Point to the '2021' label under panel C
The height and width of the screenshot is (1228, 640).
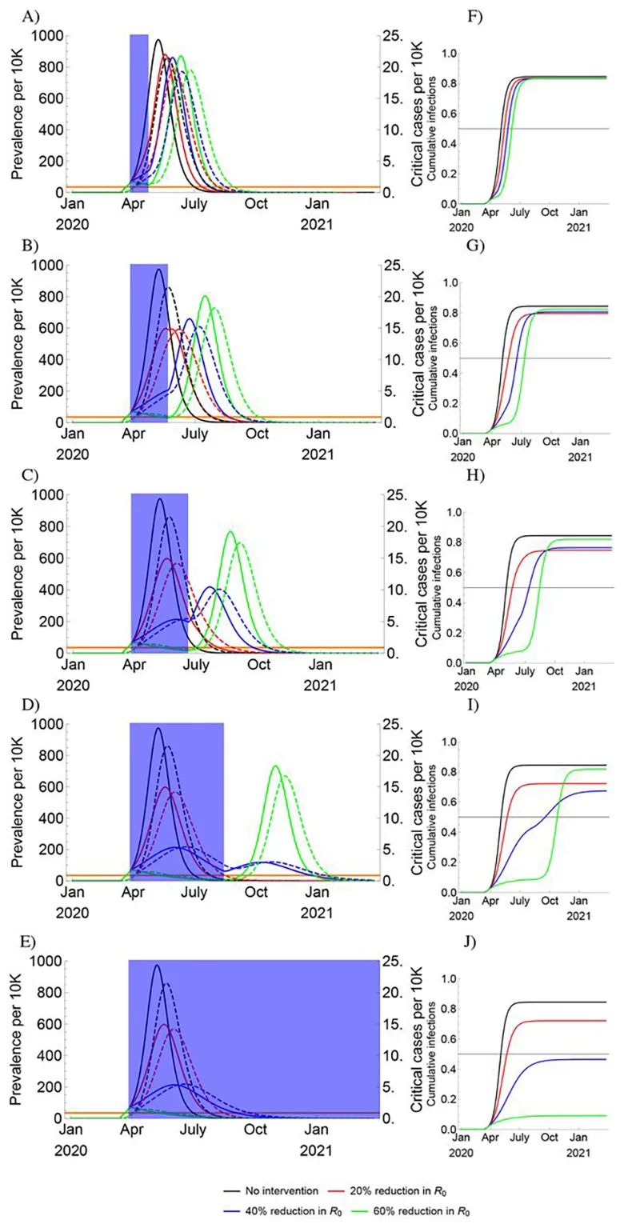tap(317, 685)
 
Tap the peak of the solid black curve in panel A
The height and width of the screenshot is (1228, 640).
tap(158, 39)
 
